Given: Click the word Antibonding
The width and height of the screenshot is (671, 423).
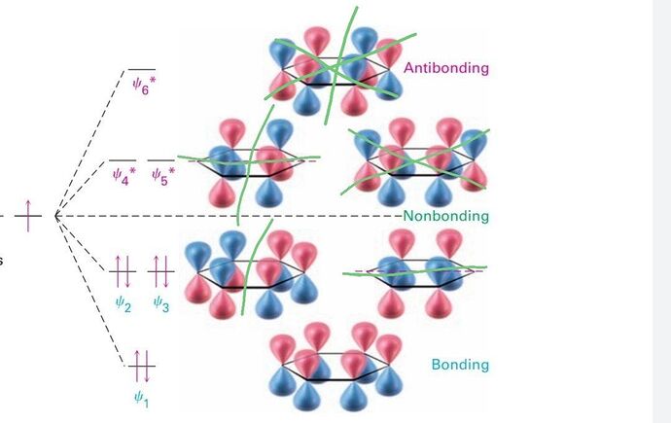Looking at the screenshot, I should [446, 69].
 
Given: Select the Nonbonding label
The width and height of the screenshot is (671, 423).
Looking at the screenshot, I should [445, 216].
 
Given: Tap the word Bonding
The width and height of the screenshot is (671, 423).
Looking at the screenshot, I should [459, 365].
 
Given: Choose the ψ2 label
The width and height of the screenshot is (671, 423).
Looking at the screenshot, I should [123, 303].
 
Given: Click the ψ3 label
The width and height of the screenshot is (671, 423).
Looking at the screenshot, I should [161, 303].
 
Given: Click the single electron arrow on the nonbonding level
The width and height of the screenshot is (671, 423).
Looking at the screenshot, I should [29, 214].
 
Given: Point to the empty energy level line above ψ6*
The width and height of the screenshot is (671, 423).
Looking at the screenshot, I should [142, 69].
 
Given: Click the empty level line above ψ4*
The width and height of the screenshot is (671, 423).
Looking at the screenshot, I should [123, 159].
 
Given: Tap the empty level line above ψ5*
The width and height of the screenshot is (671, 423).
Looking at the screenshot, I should [161, 159].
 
